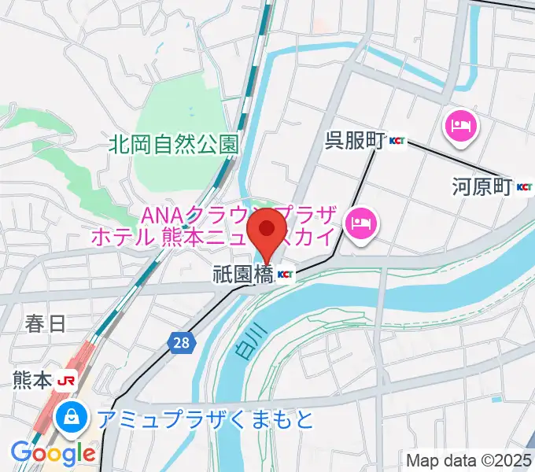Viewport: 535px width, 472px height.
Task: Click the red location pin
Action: (267, 230)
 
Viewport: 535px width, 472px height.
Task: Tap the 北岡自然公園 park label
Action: (174, 143)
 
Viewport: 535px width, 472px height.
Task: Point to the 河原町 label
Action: (481, 187)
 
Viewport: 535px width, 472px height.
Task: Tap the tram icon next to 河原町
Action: (523, 187)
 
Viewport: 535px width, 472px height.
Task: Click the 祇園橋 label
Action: (242, 275)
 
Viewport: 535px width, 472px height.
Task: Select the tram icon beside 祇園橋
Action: (285, 275)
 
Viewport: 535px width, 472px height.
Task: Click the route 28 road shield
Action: (182, 342)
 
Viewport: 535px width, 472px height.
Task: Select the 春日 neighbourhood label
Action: (45, 322)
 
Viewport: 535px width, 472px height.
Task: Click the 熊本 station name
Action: (32, 380)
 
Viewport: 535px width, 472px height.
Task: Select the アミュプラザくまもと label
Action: (206, 419)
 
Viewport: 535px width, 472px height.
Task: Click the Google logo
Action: (52, 452)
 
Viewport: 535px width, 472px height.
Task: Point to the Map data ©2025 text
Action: (467, 459)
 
